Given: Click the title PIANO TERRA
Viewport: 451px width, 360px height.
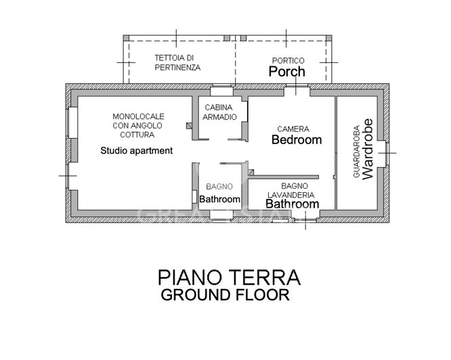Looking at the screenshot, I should [x=229, y=277].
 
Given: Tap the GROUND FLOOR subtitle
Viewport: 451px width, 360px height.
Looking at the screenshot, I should [x=225, y=295].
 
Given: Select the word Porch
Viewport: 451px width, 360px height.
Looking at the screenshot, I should [x=287, y=72].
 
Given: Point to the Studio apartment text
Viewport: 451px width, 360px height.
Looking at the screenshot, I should [x=136, y=150].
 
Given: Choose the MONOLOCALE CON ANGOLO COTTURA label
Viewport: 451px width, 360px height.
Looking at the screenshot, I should [x=138, y=125].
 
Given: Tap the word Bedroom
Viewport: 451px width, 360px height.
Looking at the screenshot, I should [x=296, y=140].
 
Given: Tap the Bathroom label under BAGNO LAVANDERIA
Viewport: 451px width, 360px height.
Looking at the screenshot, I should [x=291, y=204].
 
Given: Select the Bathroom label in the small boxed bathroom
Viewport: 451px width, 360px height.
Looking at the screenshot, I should [x=219, y=200].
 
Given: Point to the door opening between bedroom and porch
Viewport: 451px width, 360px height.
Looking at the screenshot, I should [x=295, y=91].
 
